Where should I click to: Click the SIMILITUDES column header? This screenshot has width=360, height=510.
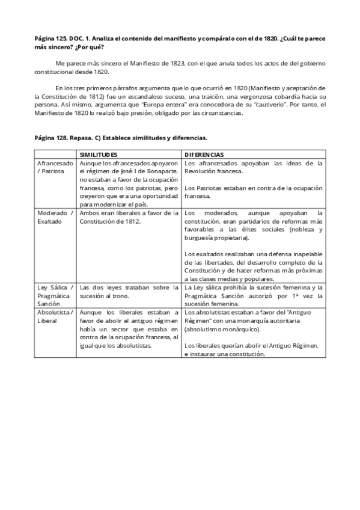99,155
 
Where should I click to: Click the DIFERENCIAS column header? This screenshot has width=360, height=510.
204,155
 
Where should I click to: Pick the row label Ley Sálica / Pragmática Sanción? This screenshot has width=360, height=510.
55,295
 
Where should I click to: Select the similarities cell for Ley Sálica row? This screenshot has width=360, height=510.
129,291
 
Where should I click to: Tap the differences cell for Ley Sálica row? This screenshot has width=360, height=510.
254,295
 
